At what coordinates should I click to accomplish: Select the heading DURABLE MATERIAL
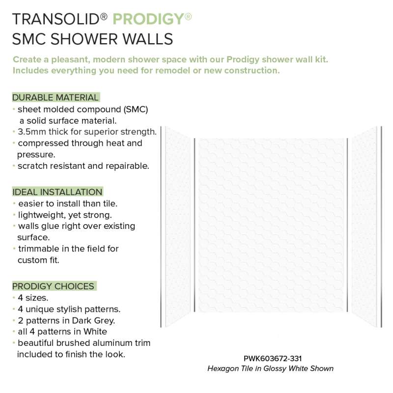(56, 97)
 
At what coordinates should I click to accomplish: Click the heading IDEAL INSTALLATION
(57, 192)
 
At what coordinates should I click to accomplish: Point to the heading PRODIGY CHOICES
(54, 286)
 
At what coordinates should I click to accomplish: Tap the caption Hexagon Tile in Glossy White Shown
(270, 368)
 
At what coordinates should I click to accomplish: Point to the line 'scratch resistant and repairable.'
(83, 166)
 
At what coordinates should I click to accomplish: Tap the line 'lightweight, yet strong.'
(65, 215)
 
